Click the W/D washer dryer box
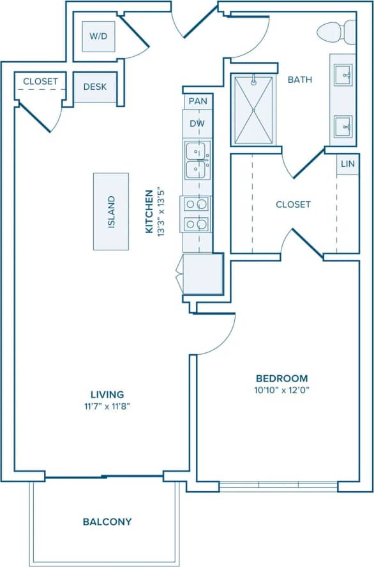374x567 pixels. point(98,37)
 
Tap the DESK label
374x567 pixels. point(94,87)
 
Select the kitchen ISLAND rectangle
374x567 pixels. point(110,212)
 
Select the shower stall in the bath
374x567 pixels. point(253,110)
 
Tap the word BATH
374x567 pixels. point(299,80)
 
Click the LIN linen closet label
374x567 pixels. point(347,164)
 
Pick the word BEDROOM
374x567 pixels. point(281,378)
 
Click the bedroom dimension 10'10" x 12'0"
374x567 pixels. point(281,390)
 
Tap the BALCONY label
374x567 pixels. point(107,522)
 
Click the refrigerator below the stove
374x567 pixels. point(203,273)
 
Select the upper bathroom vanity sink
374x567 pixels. point(343,75)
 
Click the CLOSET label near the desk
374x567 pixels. point(40,82)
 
